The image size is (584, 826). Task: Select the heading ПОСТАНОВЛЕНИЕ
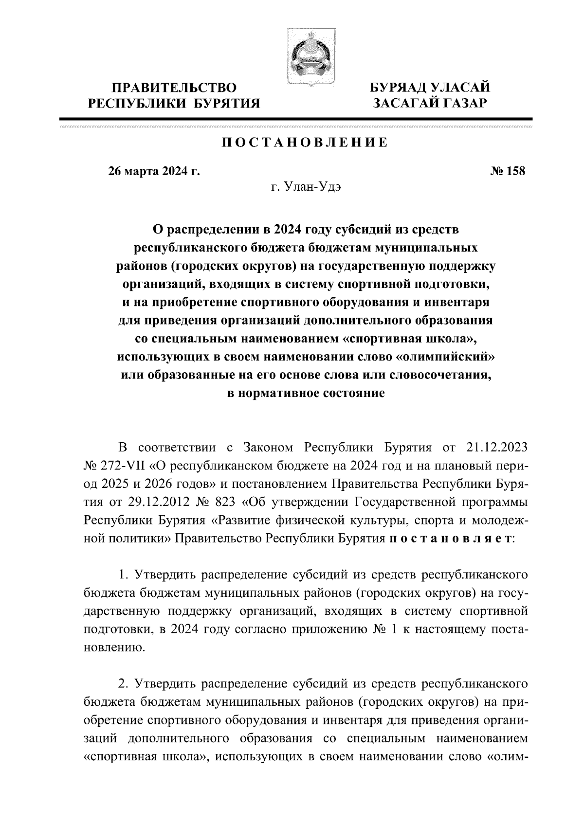pyautogui.click(x=305, y=143)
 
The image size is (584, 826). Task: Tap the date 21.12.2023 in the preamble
pyautogui.click(x=497, y=447)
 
